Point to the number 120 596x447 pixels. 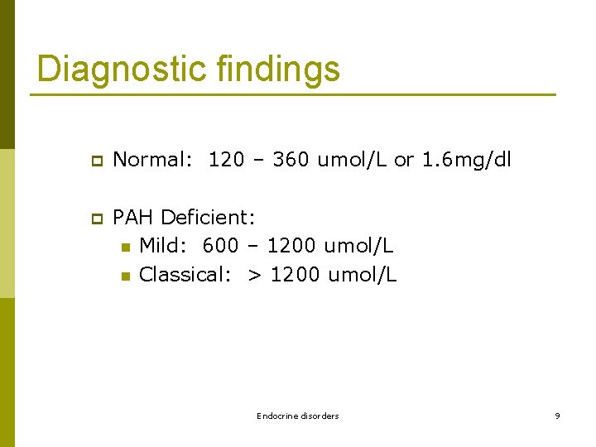tap(226, 160)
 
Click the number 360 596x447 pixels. tap(291, 160)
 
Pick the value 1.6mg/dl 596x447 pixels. tap(467, 160)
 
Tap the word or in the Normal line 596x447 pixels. tap(404, 160)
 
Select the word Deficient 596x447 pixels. tap(209, 218)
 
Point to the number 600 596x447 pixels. tap(220, 246)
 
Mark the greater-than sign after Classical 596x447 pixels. tap(252, 275)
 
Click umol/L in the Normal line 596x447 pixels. tap(353, 160)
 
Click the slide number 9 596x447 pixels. tap(557, 416)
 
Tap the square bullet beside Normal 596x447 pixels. tap(96, 161)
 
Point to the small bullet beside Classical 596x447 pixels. tap(125, 276)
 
